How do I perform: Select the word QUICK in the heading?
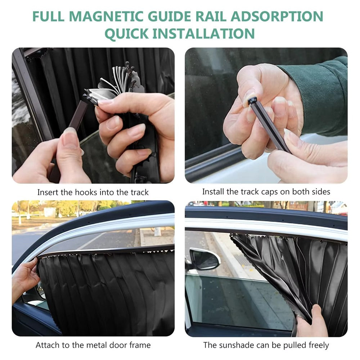[126, 33]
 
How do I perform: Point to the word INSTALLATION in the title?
[204, 33]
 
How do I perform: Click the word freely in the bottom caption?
[319, 345]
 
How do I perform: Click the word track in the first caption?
[140, 192]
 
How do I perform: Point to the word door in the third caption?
[118, 345]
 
